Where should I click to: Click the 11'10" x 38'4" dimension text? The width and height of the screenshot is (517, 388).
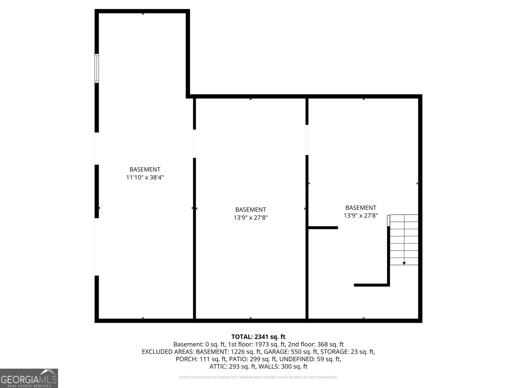pyautogui.click(x=145, y=178)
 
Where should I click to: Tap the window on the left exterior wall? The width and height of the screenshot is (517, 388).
pyautogui.click(x=97, y=68)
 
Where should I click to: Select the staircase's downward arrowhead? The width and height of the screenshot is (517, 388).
pyautogui.click(x=404, y=264)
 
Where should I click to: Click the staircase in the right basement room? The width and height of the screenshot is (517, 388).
pyautogui.click(x=404, y=240)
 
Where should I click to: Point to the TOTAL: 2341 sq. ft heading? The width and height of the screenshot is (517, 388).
pyautogui.click(x=258, y=337)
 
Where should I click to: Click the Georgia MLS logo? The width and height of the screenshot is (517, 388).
pyautogui.click(x=29, y=378)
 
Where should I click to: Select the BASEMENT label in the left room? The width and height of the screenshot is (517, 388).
pyautogui.click(x=145, y=169)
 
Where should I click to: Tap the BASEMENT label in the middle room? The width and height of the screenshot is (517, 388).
pyautogui.click(x=250, y=210)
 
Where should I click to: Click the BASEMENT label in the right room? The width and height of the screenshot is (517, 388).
pyautogui.click(x=361, y=208)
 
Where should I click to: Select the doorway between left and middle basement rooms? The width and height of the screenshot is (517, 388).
pyautogui.click(x=195, y=144)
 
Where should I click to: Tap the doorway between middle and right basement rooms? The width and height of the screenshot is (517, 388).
pyautogui.click(x=307, y=140)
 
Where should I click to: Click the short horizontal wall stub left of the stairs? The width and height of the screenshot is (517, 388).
pyautogui.click(x=323, y=228)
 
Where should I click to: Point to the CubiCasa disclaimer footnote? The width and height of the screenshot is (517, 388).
pyautogui.click(x=258, y=377)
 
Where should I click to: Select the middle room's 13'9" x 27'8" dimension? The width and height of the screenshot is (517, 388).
pyautogui.click(x=250, y=218)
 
